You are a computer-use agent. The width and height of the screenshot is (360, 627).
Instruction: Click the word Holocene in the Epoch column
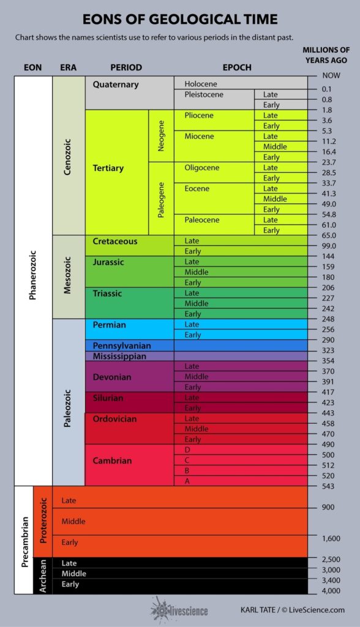point(201,84)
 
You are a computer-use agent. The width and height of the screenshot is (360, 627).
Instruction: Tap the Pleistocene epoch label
point(204,94)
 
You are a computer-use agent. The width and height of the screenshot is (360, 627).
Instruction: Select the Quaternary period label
point(116,84)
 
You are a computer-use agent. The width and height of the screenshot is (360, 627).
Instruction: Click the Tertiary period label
point(108,168)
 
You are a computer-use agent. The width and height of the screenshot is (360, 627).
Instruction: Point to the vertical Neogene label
point(161,136)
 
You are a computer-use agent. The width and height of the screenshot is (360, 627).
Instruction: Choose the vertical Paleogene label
point(161,199)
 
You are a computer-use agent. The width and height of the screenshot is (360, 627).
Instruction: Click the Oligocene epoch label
point(201,168)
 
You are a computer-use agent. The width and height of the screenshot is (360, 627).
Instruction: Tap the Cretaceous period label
point(115,241)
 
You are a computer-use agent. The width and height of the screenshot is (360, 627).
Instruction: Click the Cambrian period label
point(112,460)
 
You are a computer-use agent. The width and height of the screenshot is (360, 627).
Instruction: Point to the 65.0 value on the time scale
point(329,235)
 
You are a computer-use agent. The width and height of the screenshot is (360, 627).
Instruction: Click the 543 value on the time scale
point(328,486)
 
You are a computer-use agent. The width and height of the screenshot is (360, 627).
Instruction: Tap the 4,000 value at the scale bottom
point(331,590)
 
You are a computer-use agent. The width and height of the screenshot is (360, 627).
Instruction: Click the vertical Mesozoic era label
point(68,277)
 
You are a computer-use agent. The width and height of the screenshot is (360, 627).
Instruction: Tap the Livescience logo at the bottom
point(179,609)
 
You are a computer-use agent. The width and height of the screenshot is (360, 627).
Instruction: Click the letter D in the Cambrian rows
point(187,449)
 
